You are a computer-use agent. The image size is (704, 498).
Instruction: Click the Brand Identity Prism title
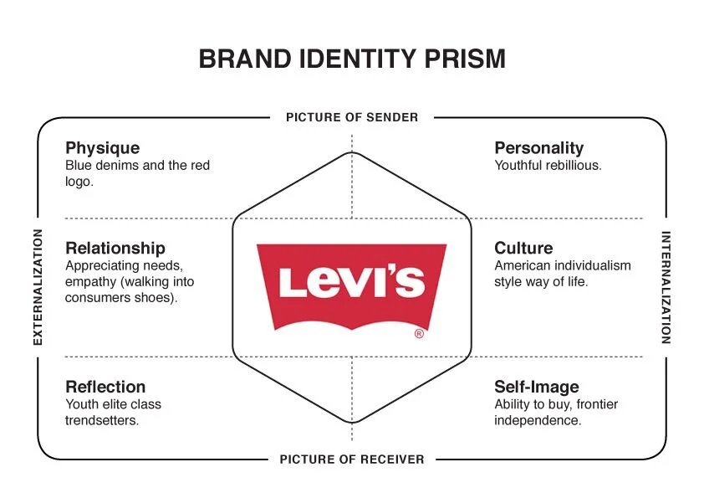(352, 59)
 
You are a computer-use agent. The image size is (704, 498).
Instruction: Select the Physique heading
(102, 148)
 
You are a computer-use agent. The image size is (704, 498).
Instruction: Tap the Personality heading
(538, 148)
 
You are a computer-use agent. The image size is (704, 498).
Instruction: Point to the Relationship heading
(115, 248)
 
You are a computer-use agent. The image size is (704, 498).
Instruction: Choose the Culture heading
(523, 248)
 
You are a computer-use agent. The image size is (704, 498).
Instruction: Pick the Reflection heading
(105, 387)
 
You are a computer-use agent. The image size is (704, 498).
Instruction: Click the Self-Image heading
(536, 387)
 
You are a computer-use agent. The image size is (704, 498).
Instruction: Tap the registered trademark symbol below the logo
(419, 334)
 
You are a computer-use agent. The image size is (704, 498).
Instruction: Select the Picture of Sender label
(352, 117)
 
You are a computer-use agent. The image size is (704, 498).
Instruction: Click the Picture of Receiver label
(352, 459)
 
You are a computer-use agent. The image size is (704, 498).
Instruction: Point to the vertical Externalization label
(38, 286)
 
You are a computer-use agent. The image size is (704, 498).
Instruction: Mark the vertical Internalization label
(666, 287)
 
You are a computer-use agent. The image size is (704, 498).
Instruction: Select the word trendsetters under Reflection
(102, 420)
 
